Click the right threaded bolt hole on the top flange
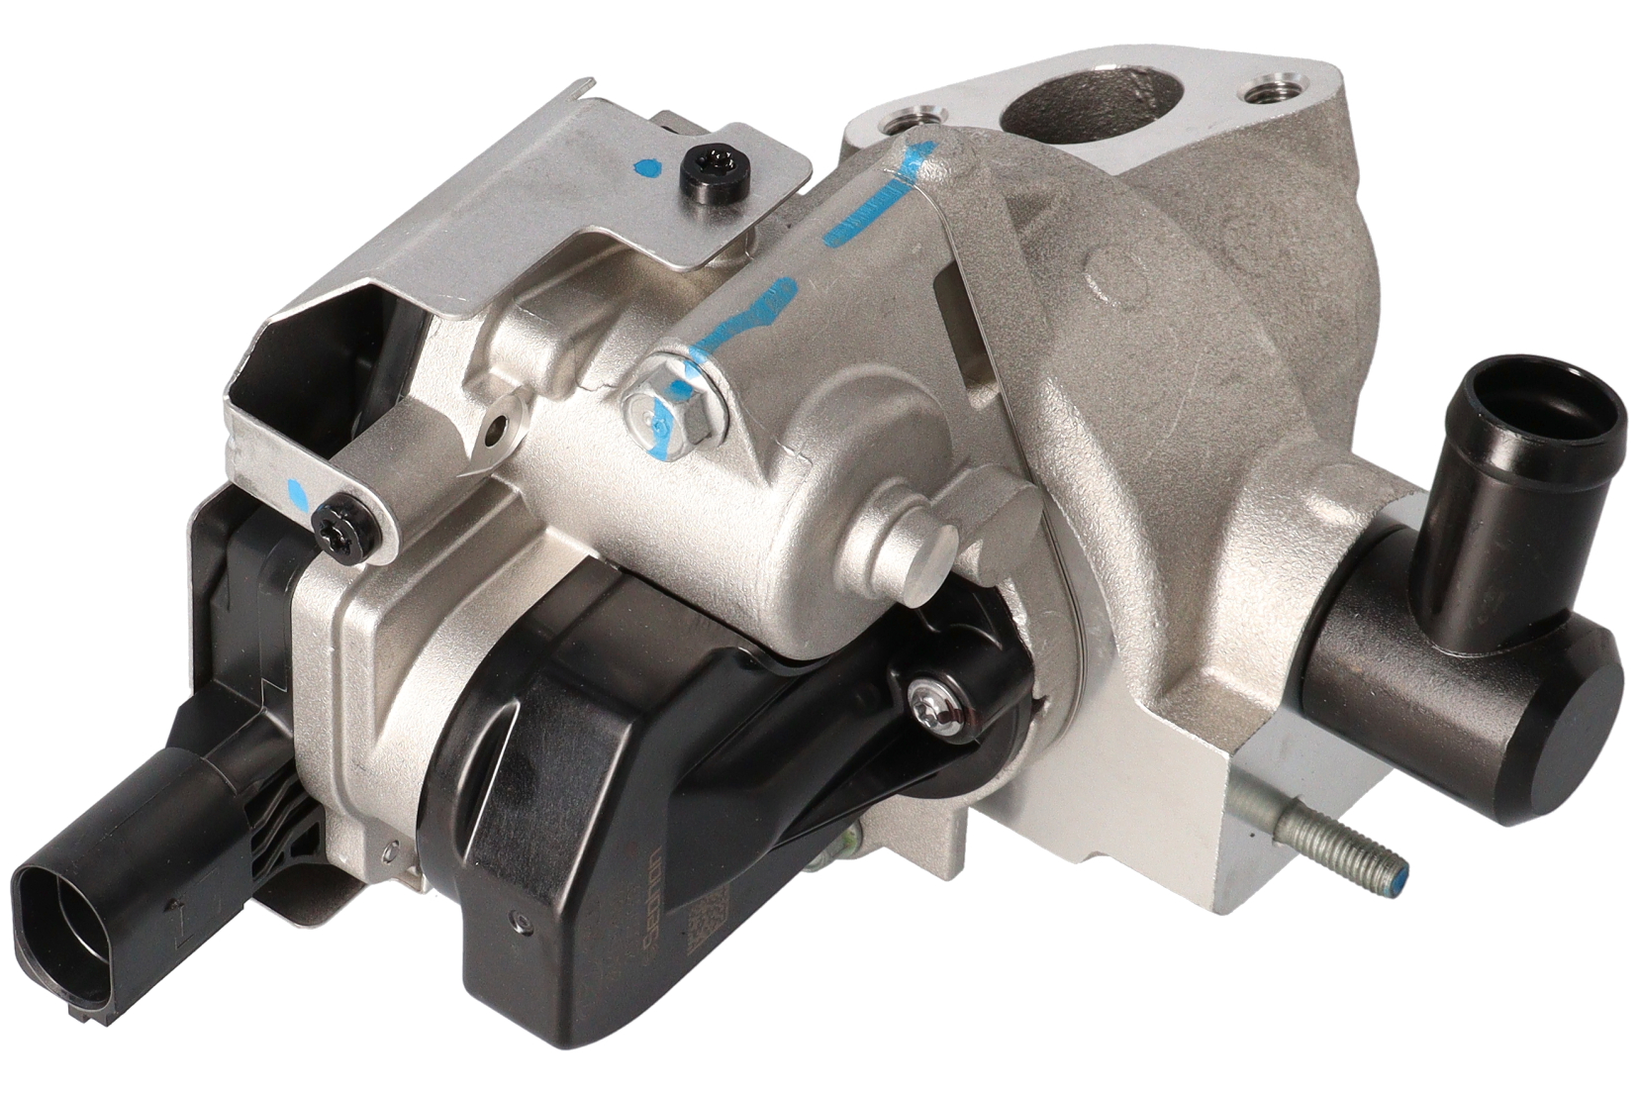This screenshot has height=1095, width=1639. coord(1270,94)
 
